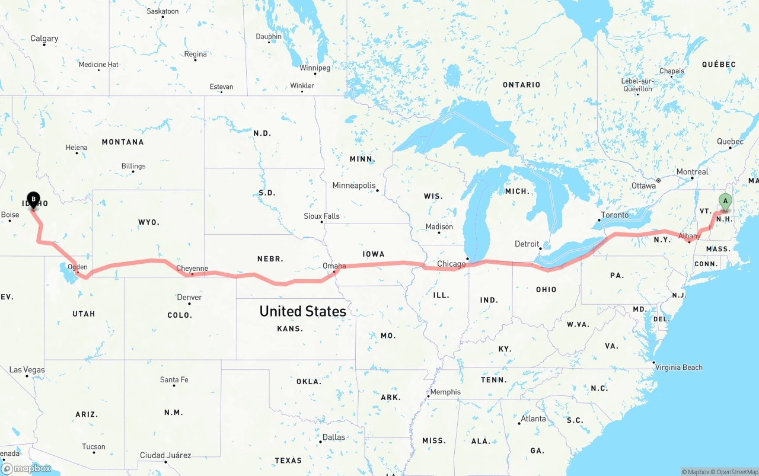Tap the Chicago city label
click(x=451, y=263)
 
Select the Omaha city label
click(x=334, y=266)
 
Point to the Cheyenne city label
click(x=192, y=269)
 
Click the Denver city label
click(x=189, y=297)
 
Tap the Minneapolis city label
click(x=354, y=186)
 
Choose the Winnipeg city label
click(x=314, y=68)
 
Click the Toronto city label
click(x=614, y=215)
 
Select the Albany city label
click(x=690, y=236)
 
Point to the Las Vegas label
click(x=27, y=370)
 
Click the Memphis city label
click(x=445, y=392)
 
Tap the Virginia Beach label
click(x=678, y=368)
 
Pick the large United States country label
click(x=302, y=311)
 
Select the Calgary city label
click(x=44, y=39)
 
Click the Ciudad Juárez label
click(x=165, y=455)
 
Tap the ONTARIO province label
click(x=521, y=85)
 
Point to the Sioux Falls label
click(x=321, y=216)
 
